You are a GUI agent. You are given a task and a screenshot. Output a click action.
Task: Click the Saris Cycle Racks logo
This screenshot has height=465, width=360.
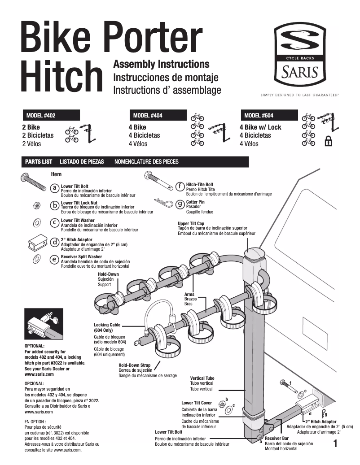click(x=300, y=54)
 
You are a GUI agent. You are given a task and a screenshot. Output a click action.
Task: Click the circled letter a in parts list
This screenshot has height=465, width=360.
click(x=54, y=188)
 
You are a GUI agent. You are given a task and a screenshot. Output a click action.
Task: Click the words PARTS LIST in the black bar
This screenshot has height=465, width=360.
click(x=39, y=161)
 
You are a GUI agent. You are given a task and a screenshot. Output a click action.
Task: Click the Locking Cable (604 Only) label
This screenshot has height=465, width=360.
click(x=106, y=327)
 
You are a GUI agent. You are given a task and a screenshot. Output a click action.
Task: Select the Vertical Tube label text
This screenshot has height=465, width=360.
click(x=202, y=378)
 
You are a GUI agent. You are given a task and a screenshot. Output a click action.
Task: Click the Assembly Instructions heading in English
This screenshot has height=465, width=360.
click(x=161, y=65)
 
